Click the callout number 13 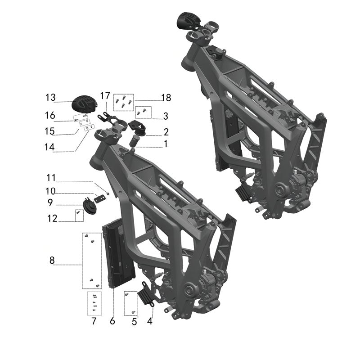click(x=51, y=97)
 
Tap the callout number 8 click(x=52, y=260)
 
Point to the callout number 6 click(x=112, y=321)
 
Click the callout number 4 click(x=150, y=321)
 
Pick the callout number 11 click(x=51, y=176)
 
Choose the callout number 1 click(x=165, y=144)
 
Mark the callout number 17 click(x=105, y=95)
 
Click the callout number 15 click(x=49, y=131)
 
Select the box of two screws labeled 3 click(x=144, y=112)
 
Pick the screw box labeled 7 click(x=94, y=303)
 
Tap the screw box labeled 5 click(x=130, y=303)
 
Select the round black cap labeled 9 click(x=90, y=207)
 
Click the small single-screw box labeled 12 click(x=79, y=216)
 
